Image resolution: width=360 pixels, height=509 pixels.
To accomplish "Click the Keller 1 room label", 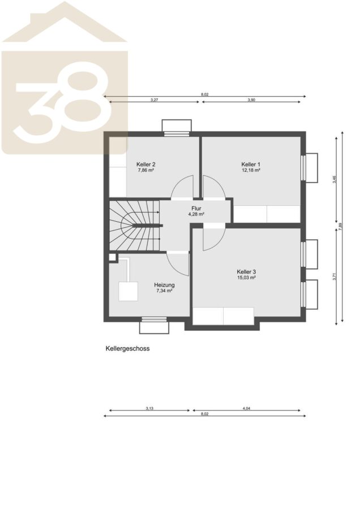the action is pyautogui.click(x=251, y=164).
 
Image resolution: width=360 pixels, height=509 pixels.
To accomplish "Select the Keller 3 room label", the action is pyautogui.click(x=246, y=271).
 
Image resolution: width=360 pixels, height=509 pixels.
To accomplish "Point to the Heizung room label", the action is pyautogui.click(x=164, y=285).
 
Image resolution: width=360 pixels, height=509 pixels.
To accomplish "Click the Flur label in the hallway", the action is pyautogui.click(x=196, y=208).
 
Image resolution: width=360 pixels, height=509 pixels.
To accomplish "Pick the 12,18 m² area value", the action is pyautogui.click(x=251, y=170).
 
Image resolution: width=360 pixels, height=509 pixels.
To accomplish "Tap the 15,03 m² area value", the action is pyautogui.click(x=246, y=278).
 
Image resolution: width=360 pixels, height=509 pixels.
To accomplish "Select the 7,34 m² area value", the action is pyautogui.click(x=164, y=291).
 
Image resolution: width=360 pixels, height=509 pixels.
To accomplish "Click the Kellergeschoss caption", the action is pyautogui.click(x=127, y=348).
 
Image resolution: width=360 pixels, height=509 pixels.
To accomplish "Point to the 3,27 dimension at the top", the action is pyautogui.click(x=154, y=100).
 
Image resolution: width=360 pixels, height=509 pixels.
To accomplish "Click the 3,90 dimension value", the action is pyautogui.click(x=251, y=100).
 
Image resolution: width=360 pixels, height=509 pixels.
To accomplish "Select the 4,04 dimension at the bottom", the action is pyautogui.click(x=246, y=408).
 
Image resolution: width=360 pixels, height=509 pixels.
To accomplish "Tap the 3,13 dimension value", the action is pyautogui.click(x=149, y=408).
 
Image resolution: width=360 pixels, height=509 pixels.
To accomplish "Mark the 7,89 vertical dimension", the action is pyautogui.click(x=340, y=226).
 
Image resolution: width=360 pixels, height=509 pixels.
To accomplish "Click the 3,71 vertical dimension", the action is pyautogui.click(x=334, y=276).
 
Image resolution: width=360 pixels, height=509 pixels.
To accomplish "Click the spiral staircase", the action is pyautogui.click(x=134, y=225).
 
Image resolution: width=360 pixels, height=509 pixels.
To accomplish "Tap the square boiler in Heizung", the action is pyautogui.click(x=128, y=291).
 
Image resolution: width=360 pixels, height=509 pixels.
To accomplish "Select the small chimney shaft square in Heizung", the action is pyautogui.click(x=112, y=257).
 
